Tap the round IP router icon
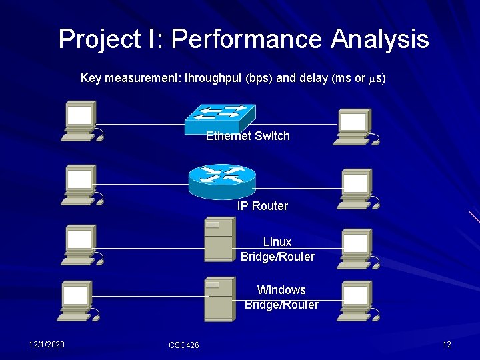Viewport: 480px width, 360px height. pyautogui.click(x=222, y=178)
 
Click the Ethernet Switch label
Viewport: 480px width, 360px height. pyautogui.click(x=248, y=136)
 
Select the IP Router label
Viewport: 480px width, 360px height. pyautogui.click(x=263, y=206)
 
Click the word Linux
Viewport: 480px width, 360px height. pyautogui.click(x=277, y=242)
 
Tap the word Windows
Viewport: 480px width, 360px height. pyautogui.click(x=281, y=290)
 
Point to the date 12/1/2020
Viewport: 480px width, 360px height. pyautogui.click(x=47, y=344)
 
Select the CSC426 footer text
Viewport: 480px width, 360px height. pyautogui.click(x=184, y=345)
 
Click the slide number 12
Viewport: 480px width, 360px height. pyautogui.click(x=447, y=344)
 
